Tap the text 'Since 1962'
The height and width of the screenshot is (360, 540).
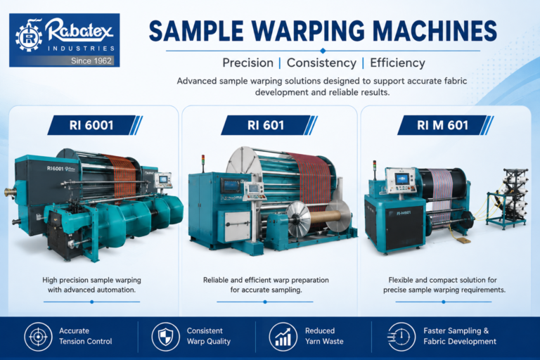click(x=91, y=61)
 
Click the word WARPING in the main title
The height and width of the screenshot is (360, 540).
click(x=308, y=31)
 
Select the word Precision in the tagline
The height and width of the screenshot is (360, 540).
click(x=247, y=63)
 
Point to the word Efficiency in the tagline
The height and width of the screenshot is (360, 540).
click(x=397, y=63)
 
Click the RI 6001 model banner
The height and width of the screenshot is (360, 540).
click(x=95, y=125)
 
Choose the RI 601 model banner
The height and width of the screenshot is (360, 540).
click(x=269, y=125)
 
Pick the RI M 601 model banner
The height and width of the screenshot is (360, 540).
click(x=445, y=125)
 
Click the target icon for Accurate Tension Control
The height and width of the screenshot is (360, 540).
click(x=38, y=336)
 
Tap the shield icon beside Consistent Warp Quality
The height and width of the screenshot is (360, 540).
click(x=166, y=336)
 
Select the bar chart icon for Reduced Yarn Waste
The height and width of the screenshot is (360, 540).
click(x=283, y=336)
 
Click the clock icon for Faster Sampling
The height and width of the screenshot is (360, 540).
click(x=401, y=336)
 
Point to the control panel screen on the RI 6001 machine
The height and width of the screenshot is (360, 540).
click(x=162, y=179)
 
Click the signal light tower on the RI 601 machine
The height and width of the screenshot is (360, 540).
click(x=203, y=163)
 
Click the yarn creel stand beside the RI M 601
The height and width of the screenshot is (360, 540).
click(x=507, y=198)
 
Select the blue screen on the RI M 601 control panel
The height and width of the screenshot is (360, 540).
click(x=402, y=179)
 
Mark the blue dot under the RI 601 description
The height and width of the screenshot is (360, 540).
click(x=265, y=302)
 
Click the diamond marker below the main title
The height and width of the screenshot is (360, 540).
click(x=323, y=51)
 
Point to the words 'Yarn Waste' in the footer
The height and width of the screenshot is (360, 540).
click(x=324, y=342)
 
